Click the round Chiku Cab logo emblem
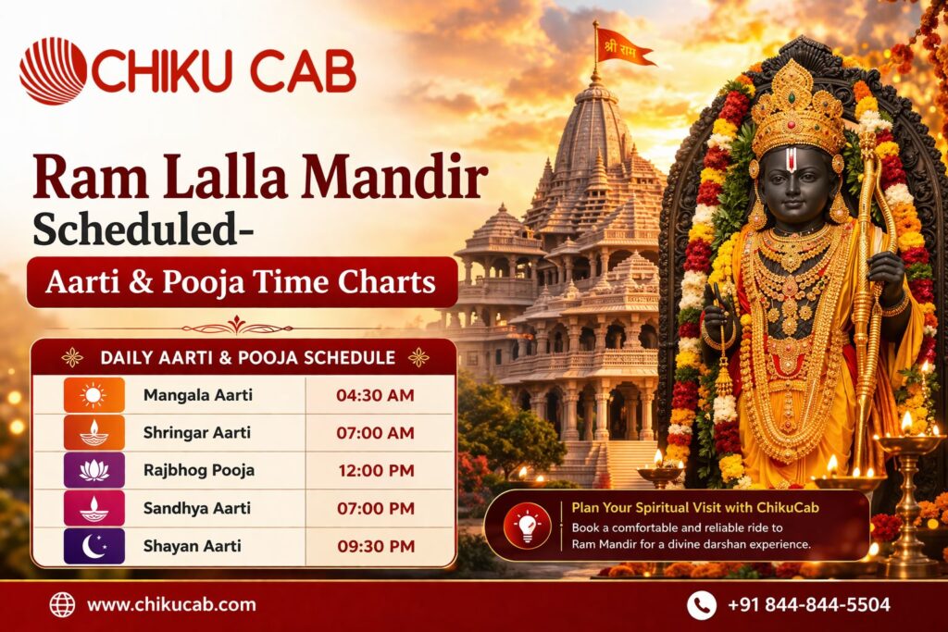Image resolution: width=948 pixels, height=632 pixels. [x=53, y=71]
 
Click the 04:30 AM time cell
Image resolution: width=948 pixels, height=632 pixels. [x=375, y=396]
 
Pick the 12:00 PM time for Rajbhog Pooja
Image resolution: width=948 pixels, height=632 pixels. [x=375, y=471]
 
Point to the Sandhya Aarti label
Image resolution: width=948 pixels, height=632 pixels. [x=197, y=508]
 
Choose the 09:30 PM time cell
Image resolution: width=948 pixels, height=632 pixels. [x=375, y=546]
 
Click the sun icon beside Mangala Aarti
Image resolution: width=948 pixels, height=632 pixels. [x=94, y=396]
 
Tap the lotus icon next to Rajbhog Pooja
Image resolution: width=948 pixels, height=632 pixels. [x=94, y=471]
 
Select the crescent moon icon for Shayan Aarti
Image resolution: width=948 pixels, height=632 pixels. [x=94, y=546]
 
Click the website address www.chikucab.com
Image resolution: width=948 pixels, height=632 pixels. [x=171, y=605]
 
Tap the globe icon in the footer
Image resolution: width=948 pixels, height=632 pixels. [x=62, y=605]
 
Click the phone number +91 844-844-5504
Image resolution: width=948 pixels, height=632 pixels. [x=809, y=605]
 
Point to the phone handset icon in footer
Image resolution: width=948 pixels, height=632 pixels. [x=701, y=605]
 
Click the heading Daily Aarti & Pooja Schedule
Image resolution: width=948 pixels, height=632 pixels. [x=247, y=357]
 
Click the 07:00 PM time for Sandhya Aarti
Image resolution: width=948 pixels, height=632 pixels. [x=375, y=508]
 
